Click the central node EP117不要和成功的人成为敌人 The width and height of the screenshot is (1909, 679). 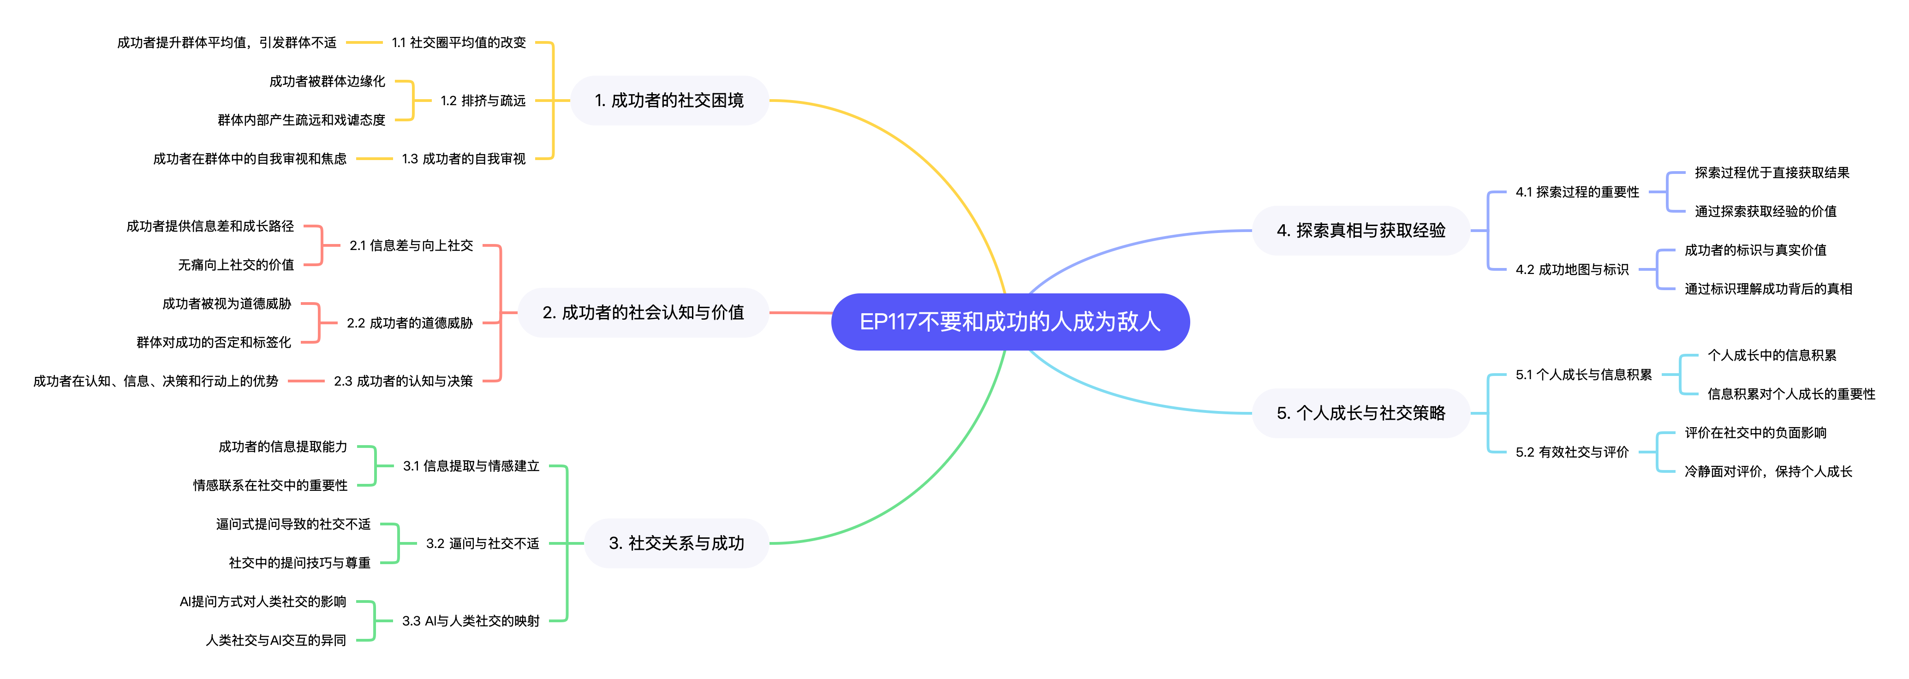[x=1009, y=322]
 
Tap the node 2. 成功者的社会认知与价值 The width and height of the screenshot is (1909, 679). [x=643, y=313]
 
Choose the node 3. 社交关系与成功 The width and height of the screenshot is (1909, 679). [x=676, y=543]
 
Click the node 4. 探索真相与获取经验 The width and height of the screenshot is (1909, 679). [x=1360, y=231]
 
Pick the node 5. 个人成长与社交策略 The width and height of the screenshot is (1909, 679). [x=1360, y=413]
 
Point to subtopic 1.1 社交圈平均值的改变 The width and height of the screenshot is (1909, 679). [x=459, y=43]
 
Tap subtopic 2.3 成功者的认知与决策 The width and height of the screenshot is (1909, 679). [x=403, y=381]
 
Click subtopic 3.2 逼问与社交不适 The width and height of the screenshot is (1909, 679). [x=483, y=543]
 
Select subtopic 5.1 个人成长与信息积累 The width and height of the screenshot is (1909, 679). [x=1584, y=375]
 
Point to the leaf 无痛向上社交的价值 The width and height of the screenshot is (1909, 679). [x=236, y=265]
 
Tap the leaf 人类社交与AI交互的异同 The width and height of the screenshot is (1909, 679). [x=276, y=640]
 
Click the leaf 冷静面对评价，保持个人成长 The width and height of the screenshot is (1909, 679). [x=1768, y=471]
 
